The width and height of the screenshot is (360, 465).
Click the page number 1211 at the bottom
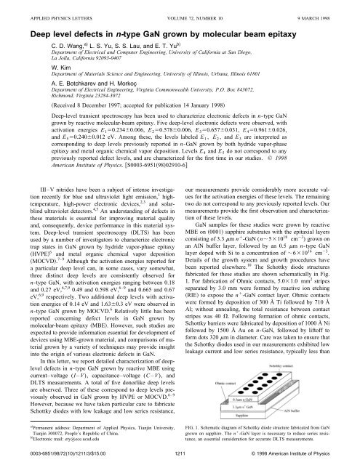pos(180,454)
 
